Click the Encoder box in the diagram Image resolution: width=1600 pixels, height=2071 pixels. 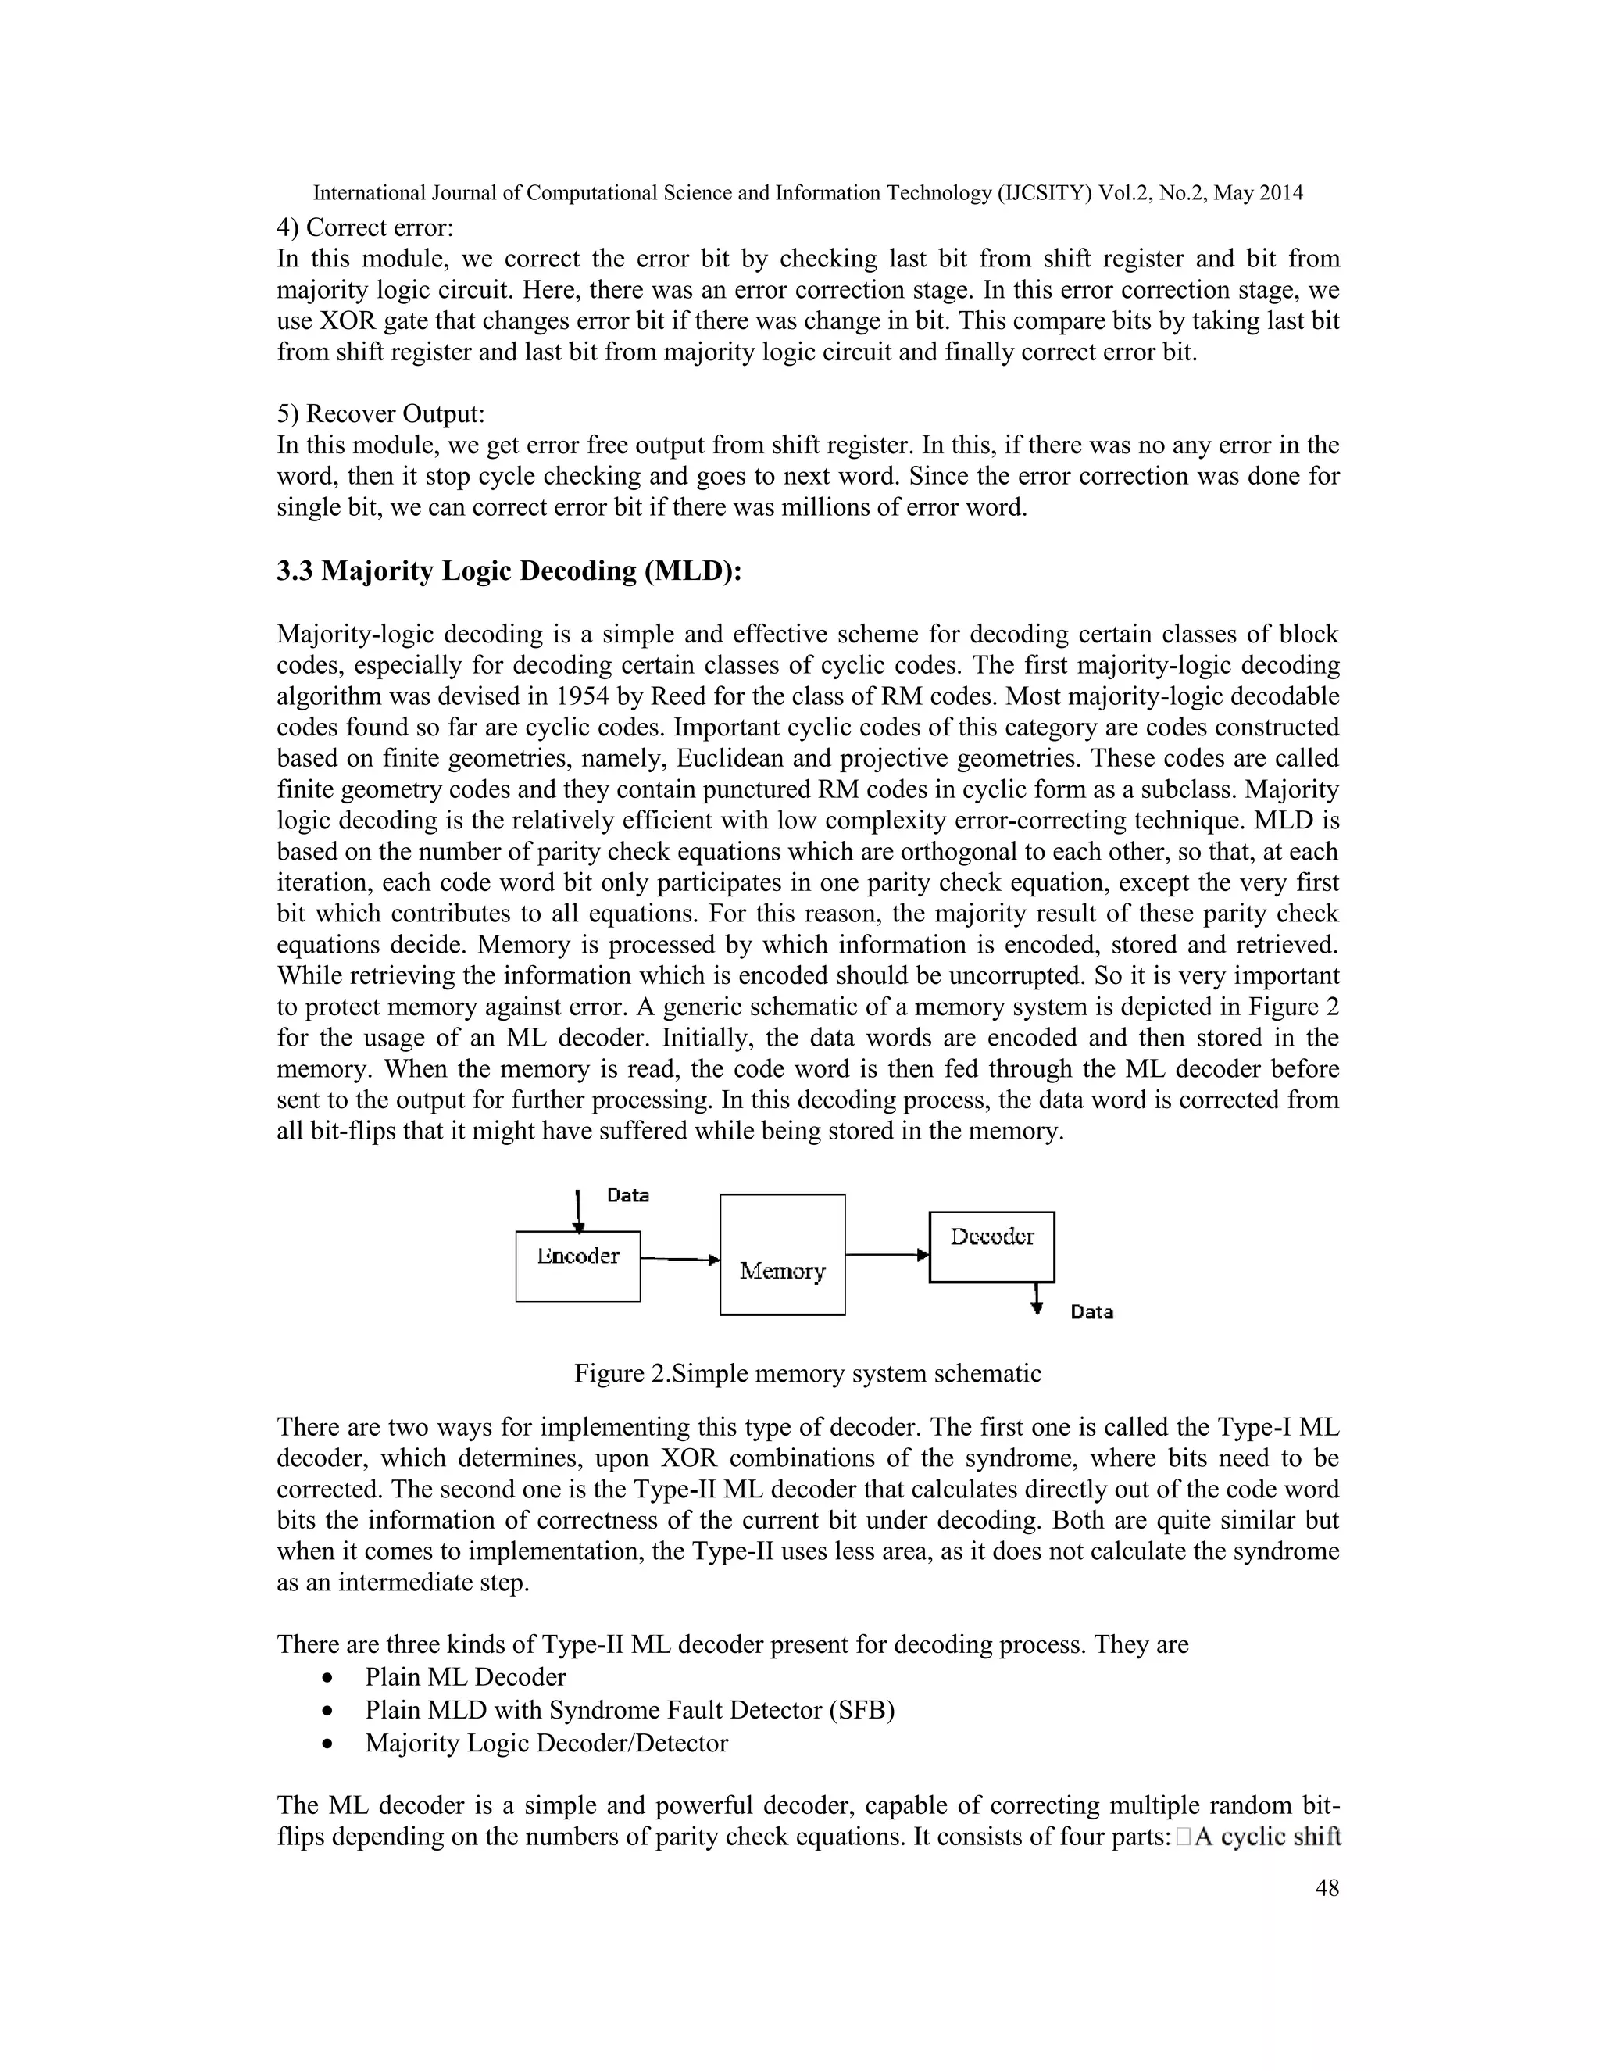click(577, 1266)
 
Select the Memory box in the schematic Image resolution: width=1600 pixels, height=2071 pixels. click(782, 1254)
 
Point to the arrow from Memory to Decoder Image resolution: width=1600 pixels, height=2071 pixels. click(886, 1254)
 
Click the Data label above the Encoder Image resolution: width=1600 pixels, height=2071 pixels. click(627, 1195)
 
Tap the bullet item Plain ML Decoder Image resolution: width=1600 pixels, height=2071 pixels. click(465, 1676)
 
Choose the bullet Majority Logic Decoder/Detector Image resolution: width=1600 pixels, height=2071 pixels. click(546, 1743)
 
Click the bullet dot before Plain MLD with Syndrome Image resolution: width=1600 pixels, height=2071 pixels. click(328, 1711)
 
